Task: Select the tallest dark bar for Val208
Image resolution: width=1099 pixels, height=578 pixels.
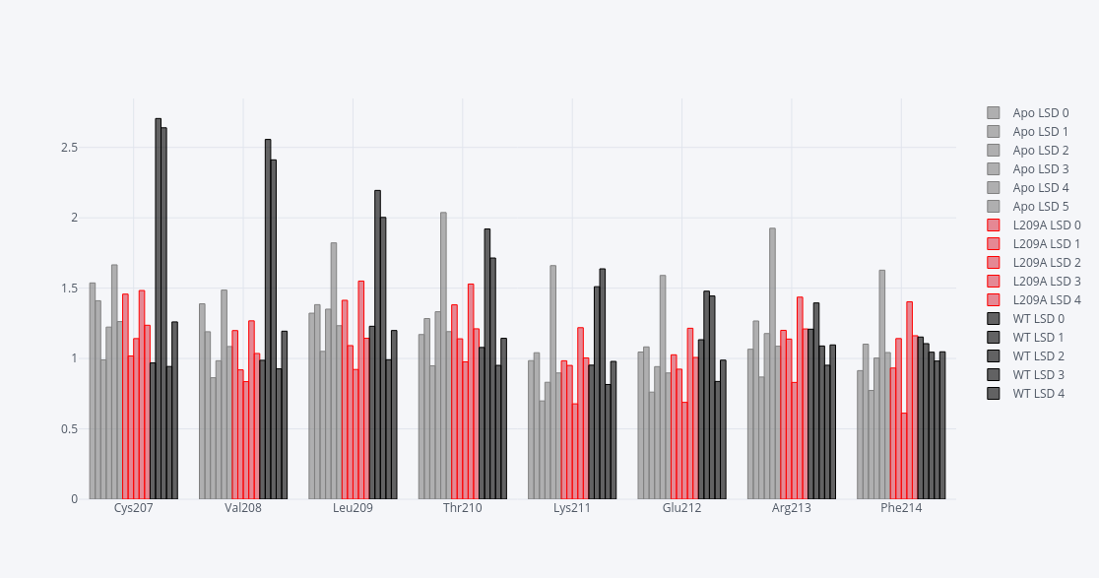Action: click(x=268, y=319)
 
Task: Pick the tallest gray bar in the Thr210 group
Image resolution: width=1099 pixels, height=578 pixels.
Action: click(x=443, y=355)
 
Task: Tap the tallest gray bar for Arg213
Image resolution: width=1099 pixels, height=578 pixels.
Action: click(x=772, y=363)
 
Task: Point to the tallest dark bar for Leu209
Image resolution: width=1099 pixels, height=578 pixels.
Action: click(x=377, y=345)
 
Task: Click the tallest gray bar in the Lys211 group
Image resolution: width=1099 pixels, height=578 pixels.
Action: click(x=553, y=382)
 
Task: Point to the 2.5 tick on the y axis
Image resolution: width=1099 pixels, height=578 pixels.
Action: click(x=69, y=148)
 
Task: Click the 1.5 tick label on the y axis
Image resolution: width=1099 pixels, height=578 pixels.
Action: click(x=69, y=289)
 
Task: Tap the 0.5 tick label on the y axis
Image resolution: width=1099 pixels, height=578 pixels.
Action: click(x=69, y=429)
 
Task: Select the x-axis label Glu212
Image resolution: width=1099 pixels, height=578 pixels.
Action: click(x=681, y=509)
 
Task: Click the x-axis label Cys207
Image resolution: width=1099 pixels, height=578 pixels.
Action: click(x=133, y=509)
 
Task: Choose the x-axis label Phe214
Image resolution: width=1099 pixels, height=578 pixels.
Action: click(x=901, y=509)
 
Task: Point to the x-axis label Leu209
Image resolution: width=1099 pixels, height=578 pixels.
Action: click(x=353, y=509)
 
